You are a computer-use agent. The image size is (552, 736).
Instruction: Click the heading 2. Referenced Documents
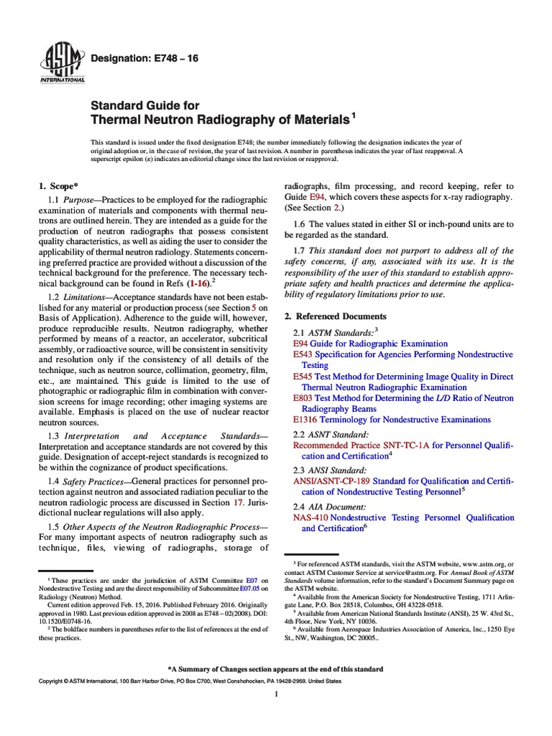click(x=335, y=316)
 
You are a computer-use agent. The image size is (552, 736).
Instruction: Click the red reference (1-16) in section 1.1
click(x=198, y=284)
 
